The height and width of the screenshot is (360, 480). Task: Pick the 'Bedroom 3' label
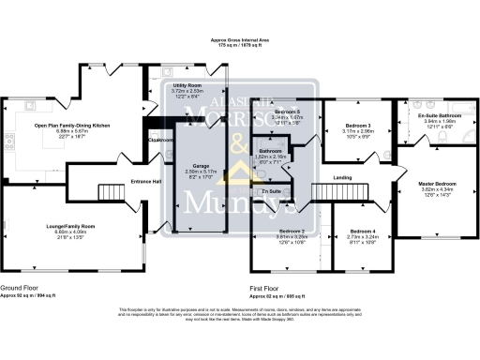[x=358, y=126]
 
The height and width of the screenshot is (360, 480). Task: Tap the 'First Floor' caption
[x=267, y=287]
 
